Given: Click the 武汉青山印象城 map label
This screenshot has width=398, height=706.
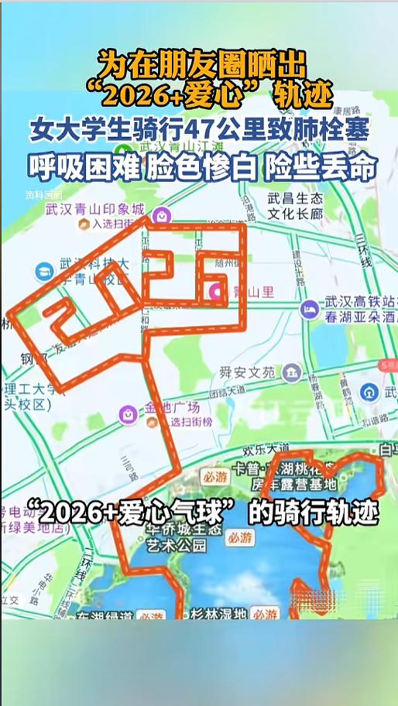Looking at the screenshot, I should (94, 209).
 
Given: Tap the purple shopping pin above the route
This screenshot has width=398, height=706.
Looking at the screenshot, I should (161, 214).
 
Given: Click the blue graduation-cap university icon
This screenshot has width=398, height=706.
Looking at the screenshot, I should (44, 272).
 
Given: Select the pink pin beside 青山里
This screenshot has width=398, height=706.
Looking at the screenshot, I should (217, 292).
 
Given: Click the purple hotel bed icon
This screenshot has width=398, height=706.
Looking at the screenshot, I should (309, 309).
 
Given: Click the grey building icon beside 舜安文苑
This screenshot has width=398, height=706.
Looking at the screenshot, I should (292, 373).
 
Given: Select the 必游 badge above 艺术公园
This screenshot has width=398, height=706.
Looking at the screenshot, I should (240, 536).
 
